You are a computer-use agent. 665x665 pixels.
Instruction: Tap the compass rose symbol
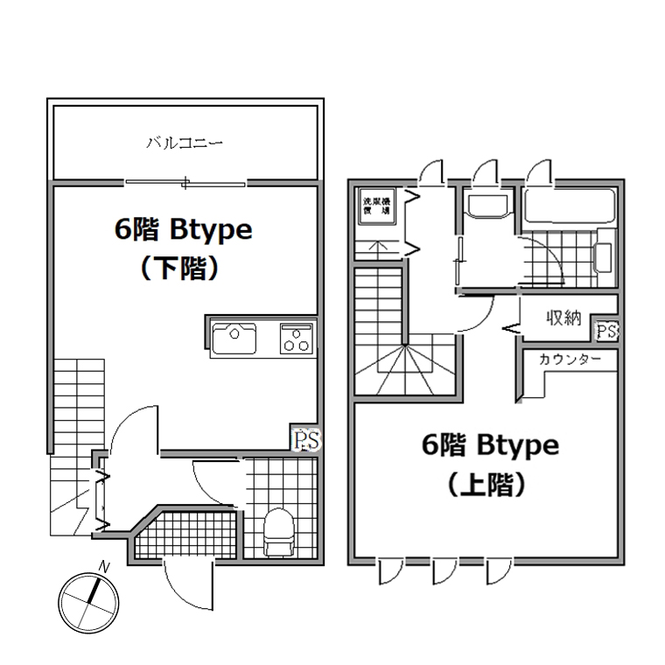(88, 603)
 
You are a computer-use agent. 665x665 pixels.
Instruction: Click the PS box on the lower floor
(304, 439)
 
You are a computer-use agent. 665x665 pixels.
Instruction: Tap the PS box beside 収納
(605, 331)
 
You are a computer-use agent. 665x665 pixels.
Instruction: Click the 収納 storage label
(564, 318)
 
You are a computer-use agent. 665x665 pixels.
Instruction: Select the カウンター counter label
(570, 360)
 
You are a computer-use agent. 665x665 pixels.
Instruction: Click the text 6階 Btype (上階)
(490, 464)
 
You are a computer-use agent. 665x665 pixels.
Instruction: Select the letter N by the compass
(104, 567)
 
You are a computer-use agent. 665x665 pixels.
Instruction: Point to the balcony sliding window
(185, 183)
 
